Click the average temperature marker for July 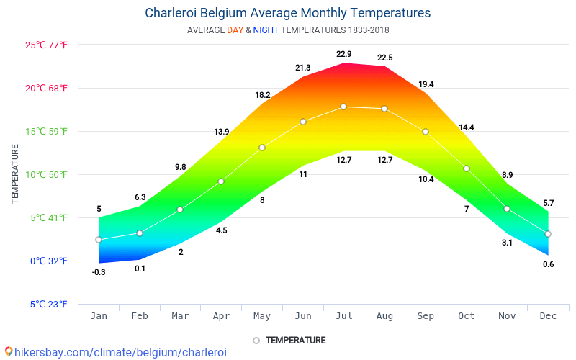(343, 107)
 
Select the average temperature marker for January (99, 240)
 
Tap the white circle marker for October (467, 168)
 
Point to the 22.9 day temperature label (343, 55)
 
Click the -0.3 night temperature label (99, 272)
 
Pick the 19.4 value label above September (426, 84)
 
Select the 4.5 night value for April (221, 230)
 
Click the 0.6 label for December (548, 264)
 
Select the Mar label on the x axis (181, 317)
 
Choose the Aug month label (384, 317)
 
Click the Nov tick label (507, 317)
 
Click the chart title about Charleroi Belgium (288, 13)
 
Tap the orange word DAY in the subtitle (235, 30)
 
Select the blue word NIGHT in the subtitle (266, 30)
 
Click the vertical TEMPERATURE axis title (15, 174)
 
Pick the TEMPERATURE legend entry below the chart (295, 340)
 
